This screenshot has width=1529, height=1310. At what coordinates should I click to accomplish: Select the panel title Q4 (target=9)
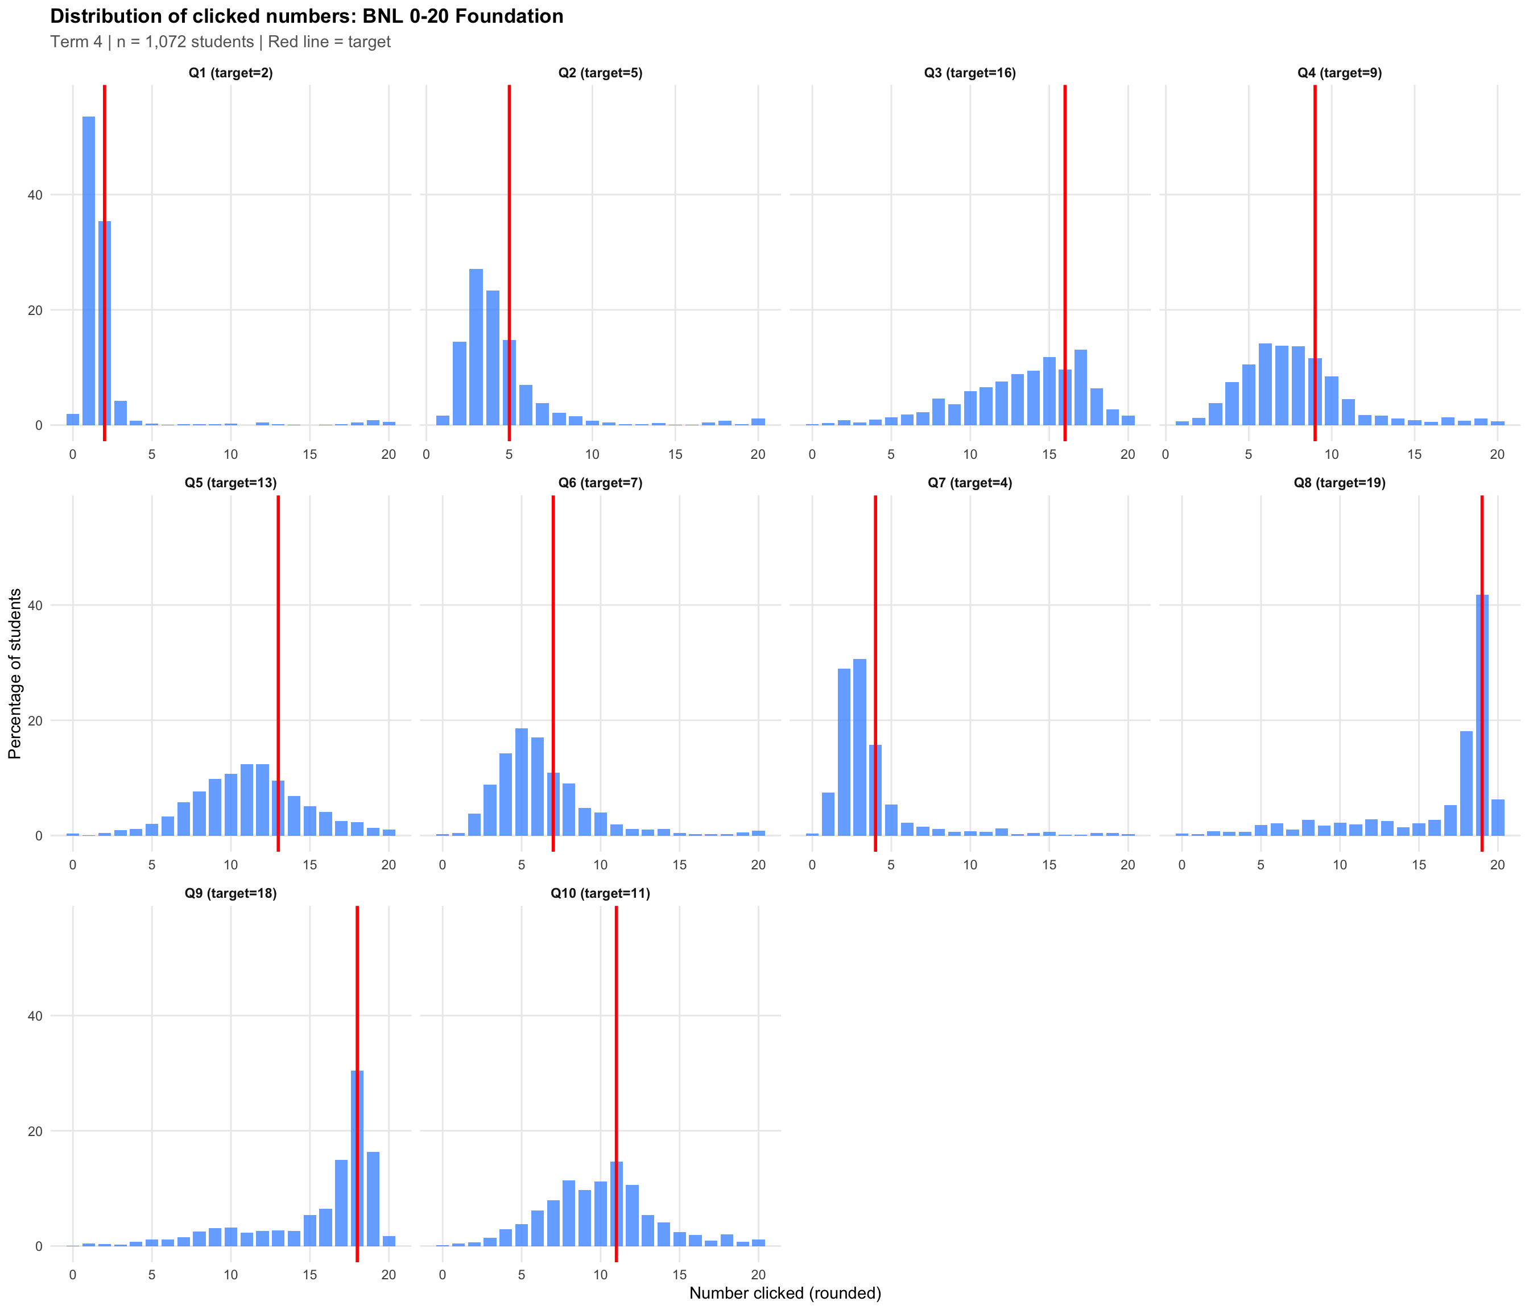point(1340,73)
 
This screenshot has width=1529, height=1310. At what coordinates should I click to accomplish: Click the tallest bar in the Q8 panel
point(1482,715)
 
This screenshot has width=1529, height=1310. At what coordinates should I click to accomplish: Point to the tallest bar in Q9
point(357,1158)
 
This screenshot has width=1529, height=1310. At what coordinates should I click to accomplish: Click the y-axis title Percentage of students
point(15,673)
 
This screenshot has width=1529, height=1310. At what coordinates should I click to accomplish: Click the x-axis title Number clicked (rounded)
point(784,1292)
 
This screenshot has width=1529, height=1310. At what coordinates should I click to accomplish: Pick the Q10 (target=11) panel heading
point(600,893)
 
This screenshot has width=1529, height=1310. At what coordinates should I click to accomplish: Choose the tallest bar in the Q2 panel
point(476,347)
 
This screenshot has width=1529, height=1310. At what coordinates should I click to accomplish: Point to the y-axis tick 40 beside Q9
point(35,1015)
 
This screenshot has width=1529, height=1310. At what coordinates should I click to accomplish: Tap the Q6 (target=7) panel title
point(600,483)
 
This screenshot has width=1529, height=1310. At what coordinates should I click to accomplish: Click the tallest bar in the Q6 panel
point(521,782)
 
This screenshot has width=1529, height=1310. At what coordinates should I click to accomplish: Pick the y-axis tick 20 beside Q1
point(35,310)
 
